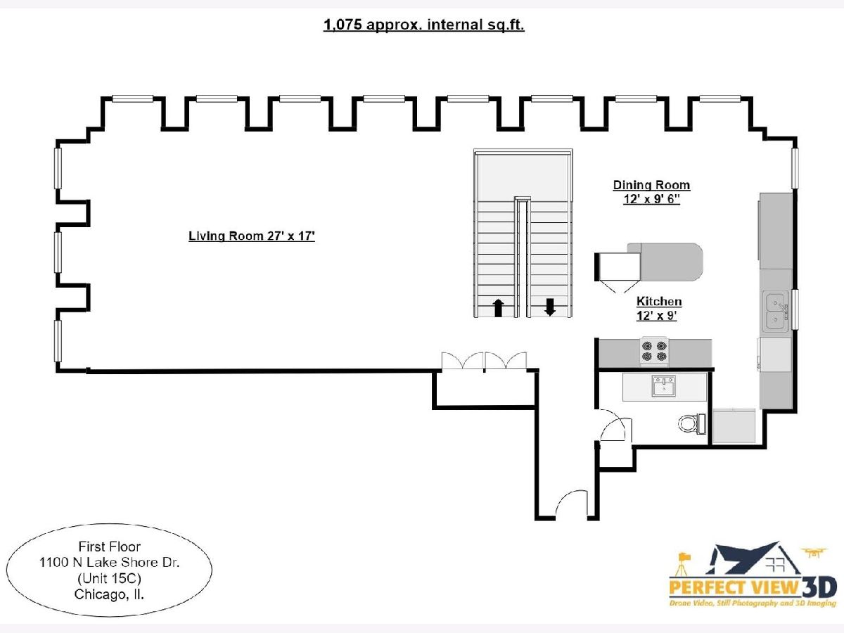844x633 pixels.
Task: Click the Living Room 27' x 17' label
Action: coord(251,236)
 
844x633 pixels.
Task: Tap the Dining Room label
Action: coord(651,186)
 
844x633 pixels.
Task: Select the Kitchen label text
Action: coord(659,302)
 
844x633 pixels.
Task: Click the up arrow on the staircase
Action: coord(499,307)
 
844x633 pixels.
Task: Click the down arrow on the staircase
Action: coord(550,307)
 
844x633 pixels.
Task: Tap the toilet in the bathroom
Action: coord(690,423)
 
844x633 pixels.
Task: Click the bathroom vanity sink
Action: coord(663,387)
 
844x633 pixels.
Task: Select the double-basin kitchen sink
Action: coord(776,312)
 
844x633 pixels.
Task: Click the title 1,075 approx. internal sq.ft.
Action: coord(423,25)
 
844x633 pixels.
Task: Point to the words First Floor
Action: coord(109,546)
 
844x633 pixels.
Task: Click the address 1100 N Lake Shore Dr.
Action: coord(109,562)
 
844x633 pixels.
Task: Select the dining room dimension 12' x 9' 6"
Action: coord(651,199)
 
